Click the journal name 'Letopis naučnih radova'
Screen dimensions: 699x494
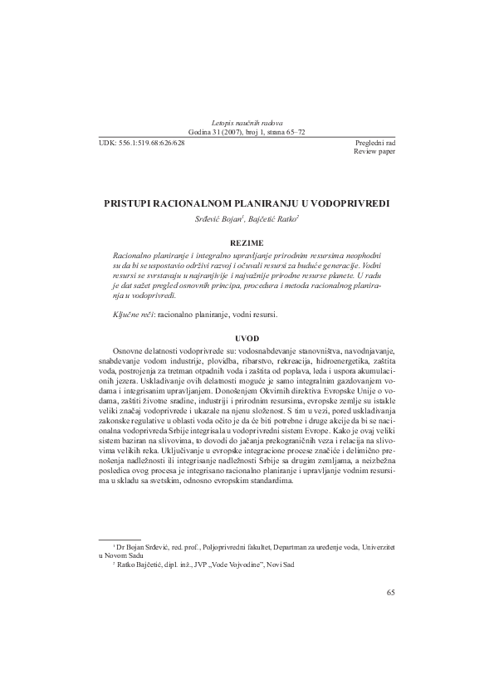pyautogui.click(x=247, y=123)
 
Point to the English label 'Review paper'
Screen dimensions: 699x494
pyautogui.click(x=376, y=153)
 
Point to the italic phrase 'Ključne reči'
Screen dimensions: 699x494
pyautogui.click(x=134, y=316)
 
